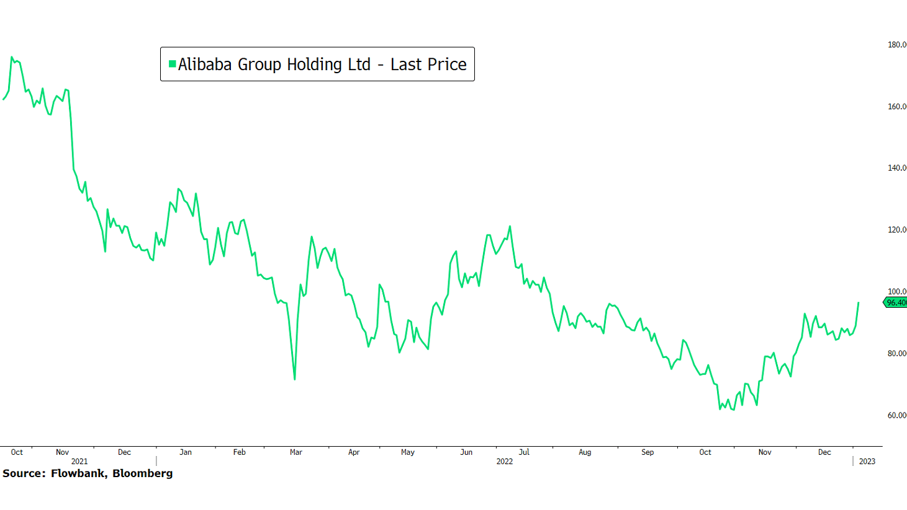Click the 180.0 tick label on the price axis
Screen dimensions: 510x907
897,45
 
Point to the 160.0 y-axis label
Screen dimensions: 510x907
897,107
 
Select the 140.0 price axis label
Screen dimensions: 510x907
897,168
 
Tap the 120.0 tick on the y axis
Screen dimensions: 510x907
897,230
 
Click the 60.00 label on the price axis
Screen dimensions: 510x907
897,416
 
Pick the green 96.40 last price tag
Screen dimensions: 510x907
896,303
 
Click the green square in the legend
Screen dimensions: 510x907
172,64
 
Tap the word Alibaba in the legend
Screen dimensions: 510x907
205,65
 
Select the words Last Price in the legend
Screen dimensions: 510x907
428,65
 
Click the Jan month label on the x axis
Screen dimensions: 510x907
186,452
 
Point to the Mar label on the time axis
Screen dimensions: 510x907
296,452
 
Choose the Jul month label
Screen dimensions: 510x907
524,452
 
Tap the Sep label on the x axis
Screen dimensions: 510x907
648,452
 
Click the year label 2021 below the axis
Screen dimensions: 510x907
79,462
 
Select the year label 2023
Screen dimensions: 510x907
867,462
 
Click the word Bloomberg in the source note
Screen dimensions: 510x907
142,473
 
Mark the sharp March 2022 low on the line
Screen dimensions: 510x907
294,379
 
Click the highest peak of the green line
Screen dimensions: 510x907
12,57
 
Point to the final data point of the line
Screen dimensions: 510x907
859,303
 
